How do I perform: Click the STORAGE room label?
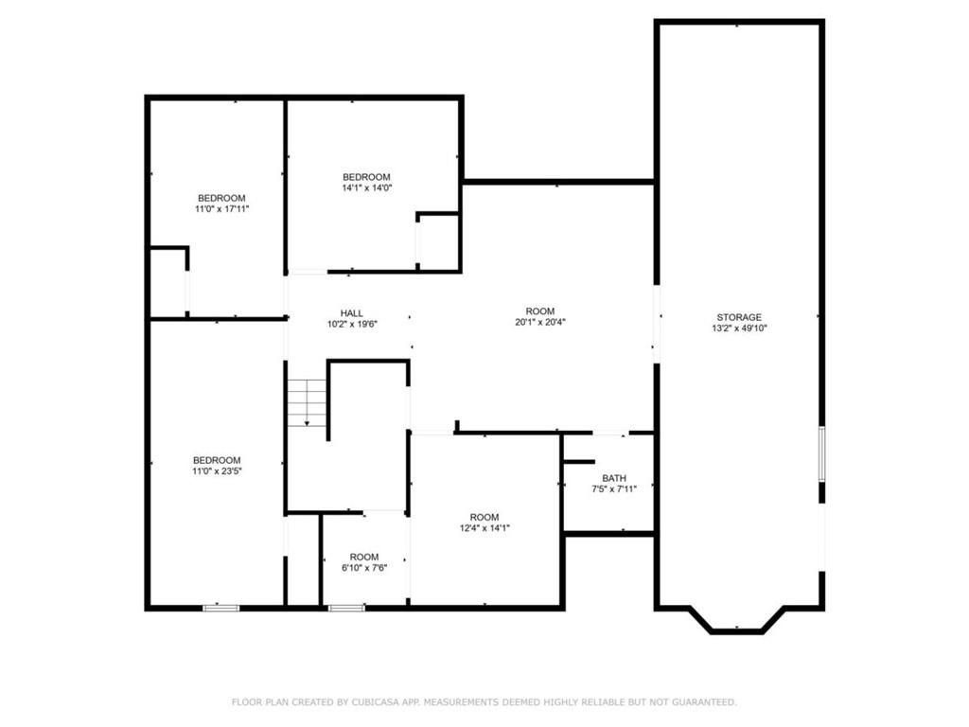(x=739, y=317)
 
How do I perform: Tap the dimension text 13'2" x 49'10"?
(x=739, y=328)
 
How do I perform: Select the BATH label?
(x=614, y=478)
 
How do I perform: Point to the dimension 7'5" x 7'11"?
(x=614, y=489)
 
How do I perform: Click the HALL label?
(x=352, y=313)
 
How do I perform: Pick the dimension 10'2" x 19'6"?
(x=352, y=324)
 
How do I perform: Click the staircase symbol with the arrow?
(x=307, y=402)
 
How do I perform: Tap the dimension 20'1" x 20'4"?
(x=540, y=322)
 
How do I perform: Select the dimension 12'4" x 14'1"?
(x=484, y=528)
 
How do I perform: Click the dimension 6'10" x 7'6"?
(x=364, y=568)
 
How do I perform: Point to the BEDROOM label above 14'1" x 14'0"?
(x=366, y=177)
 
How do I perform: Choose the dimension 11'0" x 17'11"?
(x=221, y=209)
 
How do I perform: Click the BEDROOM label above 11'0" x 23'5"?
(x=217, y=460)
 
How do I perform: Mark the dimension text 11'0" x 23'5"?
(x=217, y=471)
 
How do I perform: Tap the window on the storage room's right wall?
(x=822, y=453)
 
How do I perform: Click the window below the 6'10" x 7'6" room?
(x=346, y=609)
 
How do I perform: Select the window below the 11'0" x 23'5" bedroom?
(x=221, y=609)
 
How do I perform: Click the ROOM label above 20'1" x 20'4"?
(x=540, y=310)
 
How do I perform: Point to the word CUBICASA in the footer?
(x=375, y=702)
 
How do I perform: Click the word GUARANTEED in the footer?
(x=704, y=702)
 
